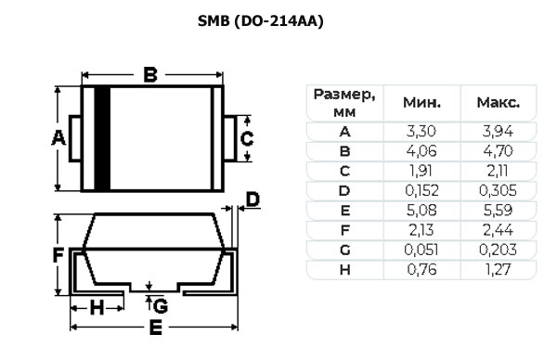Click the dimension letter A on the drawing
[x=58, y=139]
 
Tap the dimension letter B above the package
[x=150, y=76]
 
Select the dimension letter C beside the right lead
[x=247, y=139]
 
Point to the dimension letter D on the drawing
[x=253, y=199]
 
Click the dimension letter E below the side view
[x=156, y=328]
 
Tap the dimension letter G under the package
[x=161, y=305]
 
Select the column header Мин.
[x=421, y=102]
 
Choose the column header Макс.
[x=497, y=102]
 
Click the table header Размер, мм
[x=344, y=102]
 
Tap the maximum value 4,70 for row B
[x=497, y=150]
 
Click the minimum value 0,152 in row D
[x=421, y=190]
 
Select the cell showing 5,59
[x=497, y=210]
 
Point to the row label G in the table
[x=344, y=250]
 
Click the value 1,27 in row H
[x=497, y=269]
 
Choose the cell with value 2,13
[x=421, y=229]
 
